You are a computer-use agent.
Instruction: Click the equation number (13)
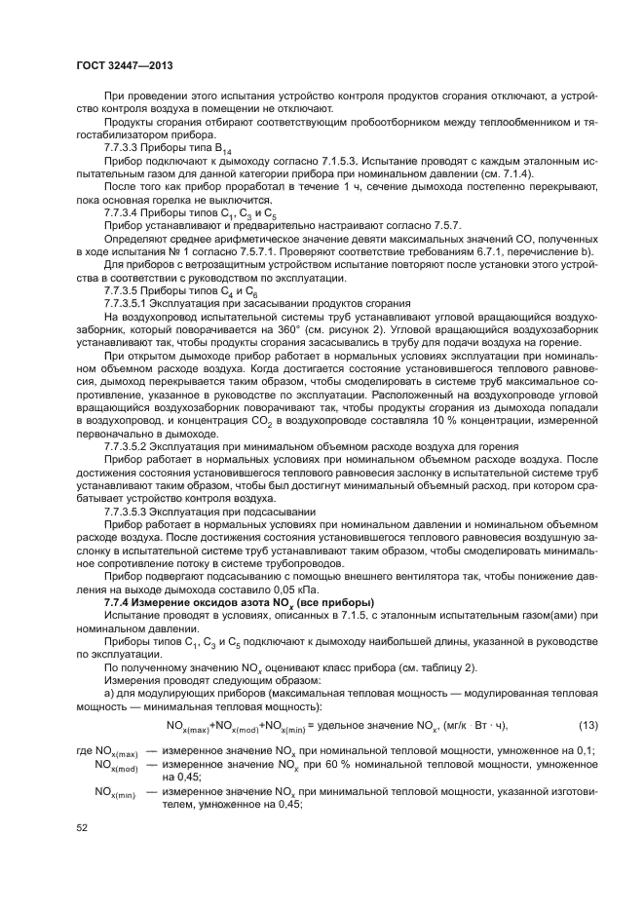[x=587, y=724]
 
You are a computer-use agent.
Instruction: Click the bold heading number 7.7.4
[x=119, y=606]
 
